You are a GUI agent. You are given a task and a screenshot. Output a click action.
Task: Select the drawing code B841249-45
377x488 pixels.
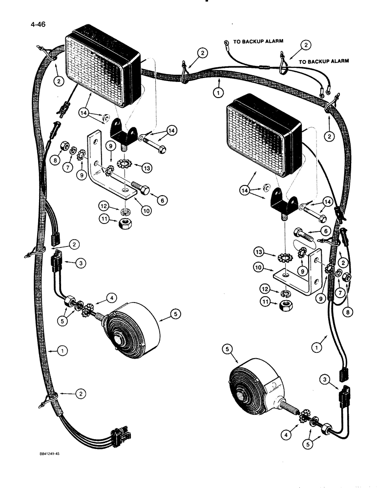point(53,453)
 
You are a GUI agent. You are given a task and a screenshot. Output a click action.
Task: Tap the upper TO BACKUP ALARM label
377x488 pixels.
point(258,42)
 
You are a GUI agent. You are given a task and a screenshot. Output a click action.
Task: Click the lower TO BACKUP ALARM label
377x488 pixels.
point(324,61)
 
